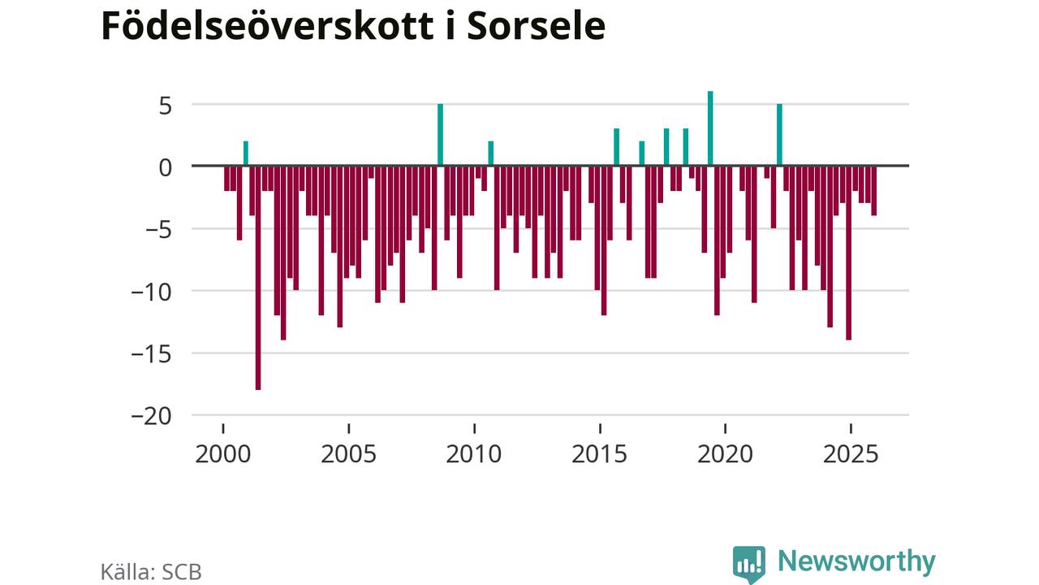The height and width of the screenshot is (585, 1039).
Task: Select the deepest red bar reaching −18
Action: tap(258, 277)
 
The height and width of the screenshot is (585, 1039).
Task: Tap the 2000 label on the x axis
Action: tap(223, 453)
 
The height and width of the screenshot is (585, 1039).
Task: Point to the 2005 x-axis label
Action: tap(349, 453)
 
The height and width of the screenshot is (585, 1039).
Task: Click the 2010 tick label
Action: tap(474, 453)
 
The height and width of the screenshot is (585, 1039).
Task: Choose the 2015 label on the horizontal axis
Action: tap(600, 453)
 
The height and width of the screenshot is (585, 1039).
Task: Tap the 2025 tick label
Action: tap(851, 453)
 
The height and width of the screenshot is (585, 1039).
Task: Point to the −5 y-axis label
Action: tap(158, 229)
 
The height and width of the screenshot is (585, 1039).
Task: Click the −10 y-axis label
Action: tap(153, 291)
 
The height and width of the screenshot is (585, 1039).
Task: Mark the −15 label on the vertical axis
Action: tap(153, 353)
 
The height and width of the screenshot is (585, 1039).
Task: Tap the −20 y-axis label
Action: tap(153, 416)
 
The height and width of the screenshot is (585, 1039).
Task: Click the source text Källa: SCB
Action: tap(151, 571)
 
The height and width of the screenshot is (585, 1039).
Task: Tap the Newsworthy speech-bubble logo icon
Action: tap(748, 563)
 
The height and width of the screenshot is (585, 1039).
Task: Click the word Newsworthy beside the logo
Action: tap(856, 561)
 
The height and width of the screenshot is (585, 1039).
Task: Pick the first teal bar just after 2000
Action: tap(246, 154)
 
